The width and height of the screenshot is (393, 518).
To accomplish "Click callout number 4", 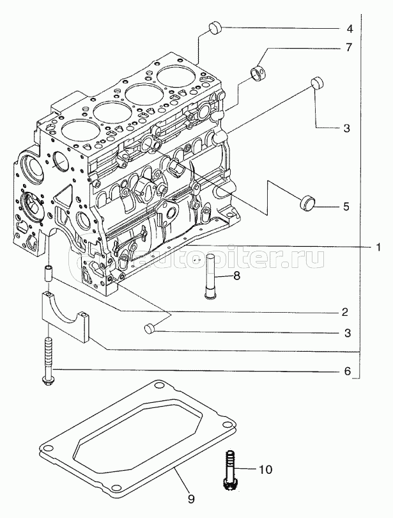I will (x=350, y=29).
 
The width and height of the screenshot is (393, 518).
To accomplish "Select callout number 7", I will (x=350, y=47).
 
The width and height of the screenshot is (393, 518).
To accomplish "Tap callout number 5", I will (x=346, y=207).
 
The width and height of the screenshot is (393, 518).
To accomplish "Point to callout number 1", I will (x=378, y=246).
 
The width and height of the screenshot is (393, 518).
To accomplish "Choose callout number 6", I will (x=347, y=371).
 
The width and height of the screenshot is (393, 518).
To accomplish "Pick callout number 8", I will (x=236, y=276).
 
